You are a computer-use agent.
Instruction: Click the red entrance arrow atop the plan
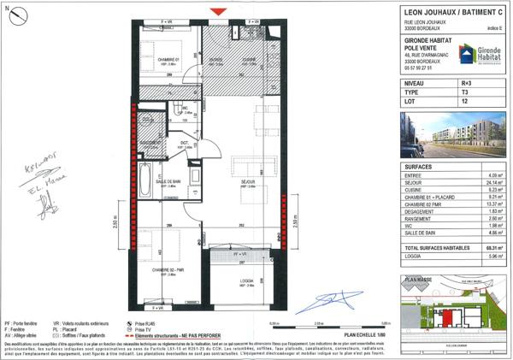click(x=221, y=10)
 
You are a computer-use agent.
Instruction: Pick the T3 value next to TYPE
click(x=465, y=94)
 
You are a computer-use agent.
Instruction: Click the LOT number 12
click(x=465, y=103)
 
